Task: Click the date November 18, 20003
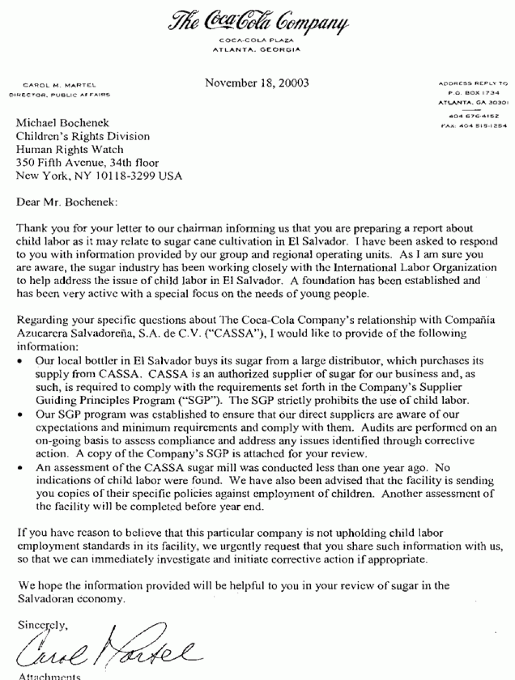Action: [x=257, y=83]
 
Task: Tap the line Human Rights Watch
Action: [x=70, y=149]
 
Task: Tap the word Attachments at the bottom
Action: [x=50, y=676]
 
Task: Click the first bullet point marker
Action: [x=20, y=362]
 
